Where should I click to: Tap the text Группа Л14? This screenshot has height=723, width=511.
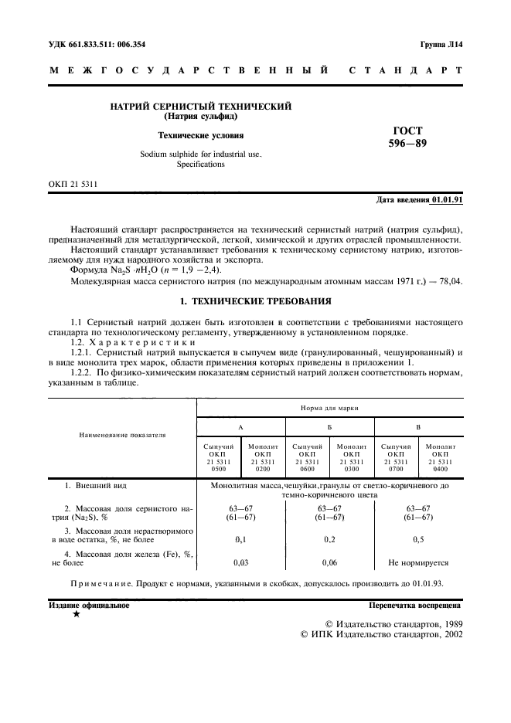pyautogui.click(x=441, y=45)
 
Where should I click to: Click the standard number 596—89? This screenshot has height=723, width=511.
pyautogui.click(x=407, y=144)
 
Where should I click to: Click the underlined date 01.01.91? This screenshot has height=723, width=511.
pyautogui.click(x=447, y=200)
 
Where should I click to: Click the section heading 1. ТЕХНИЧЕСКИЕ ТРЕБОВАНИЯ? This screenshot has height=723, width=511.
pyautogui.click(x=255, y=300)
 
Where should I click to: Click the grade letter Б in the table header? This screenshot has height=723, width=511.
pyautogui.click(x=330, y=426)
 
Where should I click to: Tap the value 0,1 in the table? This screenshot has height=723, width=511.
pyautogui.click(x=241, y=540)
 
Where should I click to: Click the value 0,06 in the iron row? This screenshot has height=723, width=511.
pyautogui.click(x=330, y=563)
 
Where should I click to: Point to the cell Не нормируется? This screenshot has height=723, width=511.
pyautogui.click(x=418, y=563)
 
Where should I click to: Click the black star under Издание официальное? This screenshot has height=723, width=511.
pyautogui.click(x=75, y=614)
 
